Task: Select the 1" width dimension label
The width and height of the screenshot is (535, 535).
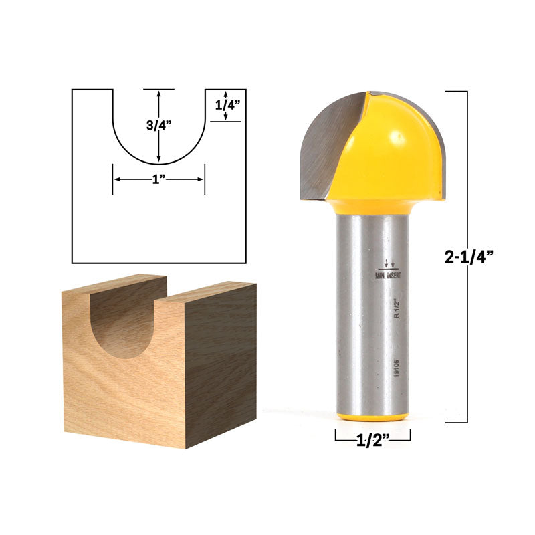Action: pyautogui.click(x=158, y=179)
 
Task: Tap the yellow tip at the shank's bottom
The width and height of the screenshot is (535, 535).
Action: pyautogui.click(x=373, y=417)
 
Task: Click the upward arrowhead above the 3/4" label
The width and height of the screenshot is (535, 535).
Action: pyautogui.click(x=158, y=93)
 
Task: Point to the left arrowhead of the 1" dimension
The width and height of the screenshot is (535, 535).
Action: pyautogui.click(x=116, y=179)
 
